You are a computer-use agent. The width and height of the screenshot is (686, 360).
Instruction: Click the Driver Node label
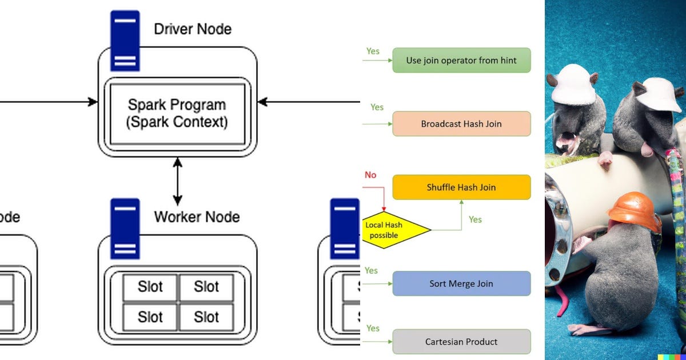(193, 29)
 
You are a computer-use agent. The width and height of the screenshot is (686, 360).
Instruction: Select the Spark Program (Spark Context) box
(177, 114)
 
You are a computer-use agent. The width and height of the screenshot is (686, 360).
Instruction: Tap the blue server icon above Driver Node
(125, 39)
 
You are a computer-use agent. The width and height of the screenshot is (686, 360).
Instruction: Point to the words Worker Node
(197, 217)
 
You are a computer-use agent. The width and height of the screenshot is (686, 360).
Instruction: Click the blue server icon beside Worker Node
(125, 227)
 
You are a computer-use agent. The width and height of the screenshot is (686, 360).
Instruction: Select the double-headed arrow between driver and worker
(177, 182)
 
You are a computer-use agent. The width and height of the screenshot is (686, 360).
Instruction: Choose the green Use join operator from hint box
(461, 61)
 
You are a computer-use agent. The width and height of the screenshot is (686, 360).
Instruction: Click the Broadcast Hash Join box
(461, 123)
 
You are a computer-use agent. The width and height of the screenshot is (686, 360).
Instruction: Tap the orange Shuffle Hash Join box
(461, 187)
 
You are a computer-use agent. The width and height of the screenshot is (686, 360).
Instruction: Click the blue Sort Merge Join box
(461, 283)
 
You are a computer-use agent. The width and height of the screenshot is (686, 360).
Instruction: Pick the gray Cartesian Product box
(461, 342)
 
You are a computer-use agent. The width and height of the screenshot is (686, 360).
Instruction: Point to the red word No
(370, 175)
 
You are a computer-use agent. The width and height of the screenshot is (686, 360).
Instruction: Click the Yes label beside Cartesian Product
(373, 328)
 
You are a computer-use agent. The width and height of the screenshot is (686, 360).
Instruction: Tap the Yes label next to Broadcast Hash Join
(377, 107)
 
